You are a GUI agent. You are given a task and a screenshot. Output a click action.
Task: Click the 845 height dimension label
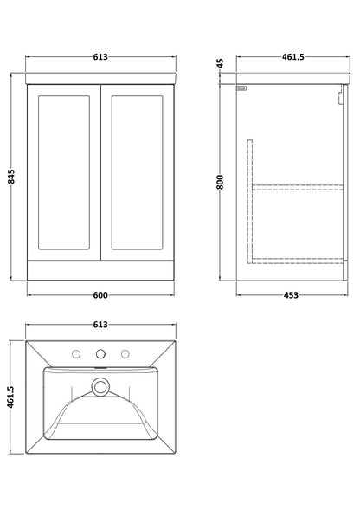(x=11, y=177)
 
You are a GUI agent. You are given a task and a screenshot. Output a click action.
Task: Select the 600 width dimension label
(x=100, y=295)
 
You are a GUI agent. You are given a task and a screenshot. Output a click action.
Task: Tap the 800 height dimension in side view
(x=220, y=182)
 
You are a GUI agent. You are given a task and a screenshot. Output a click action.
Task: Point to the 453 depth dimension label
(x=291, y=295)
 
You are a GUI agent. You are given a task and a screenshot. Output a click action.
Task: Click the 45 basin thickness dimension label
(x=220, y=62)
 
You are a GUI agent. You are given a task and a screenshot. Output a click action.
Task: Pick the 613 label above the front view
(x=100, y=57)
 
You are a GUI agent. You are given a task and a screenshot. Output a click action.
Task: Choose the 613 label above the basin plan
(x=100, y=325)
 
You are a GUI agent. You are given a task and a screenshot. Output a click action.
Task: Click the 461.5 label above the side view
(x=293, y=57)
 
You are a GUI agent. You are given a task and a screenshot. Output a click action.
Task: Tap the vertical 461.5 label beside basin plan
(x=11, y=397)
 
